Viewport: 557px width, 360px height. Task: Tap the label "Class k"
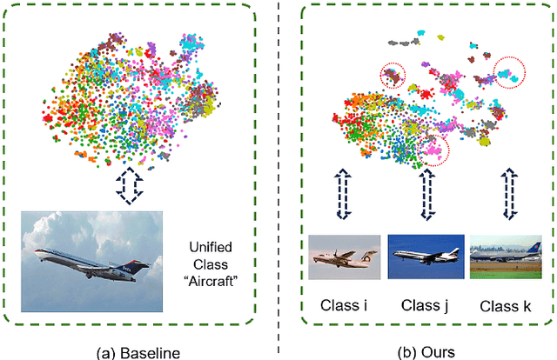(506, 305)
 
